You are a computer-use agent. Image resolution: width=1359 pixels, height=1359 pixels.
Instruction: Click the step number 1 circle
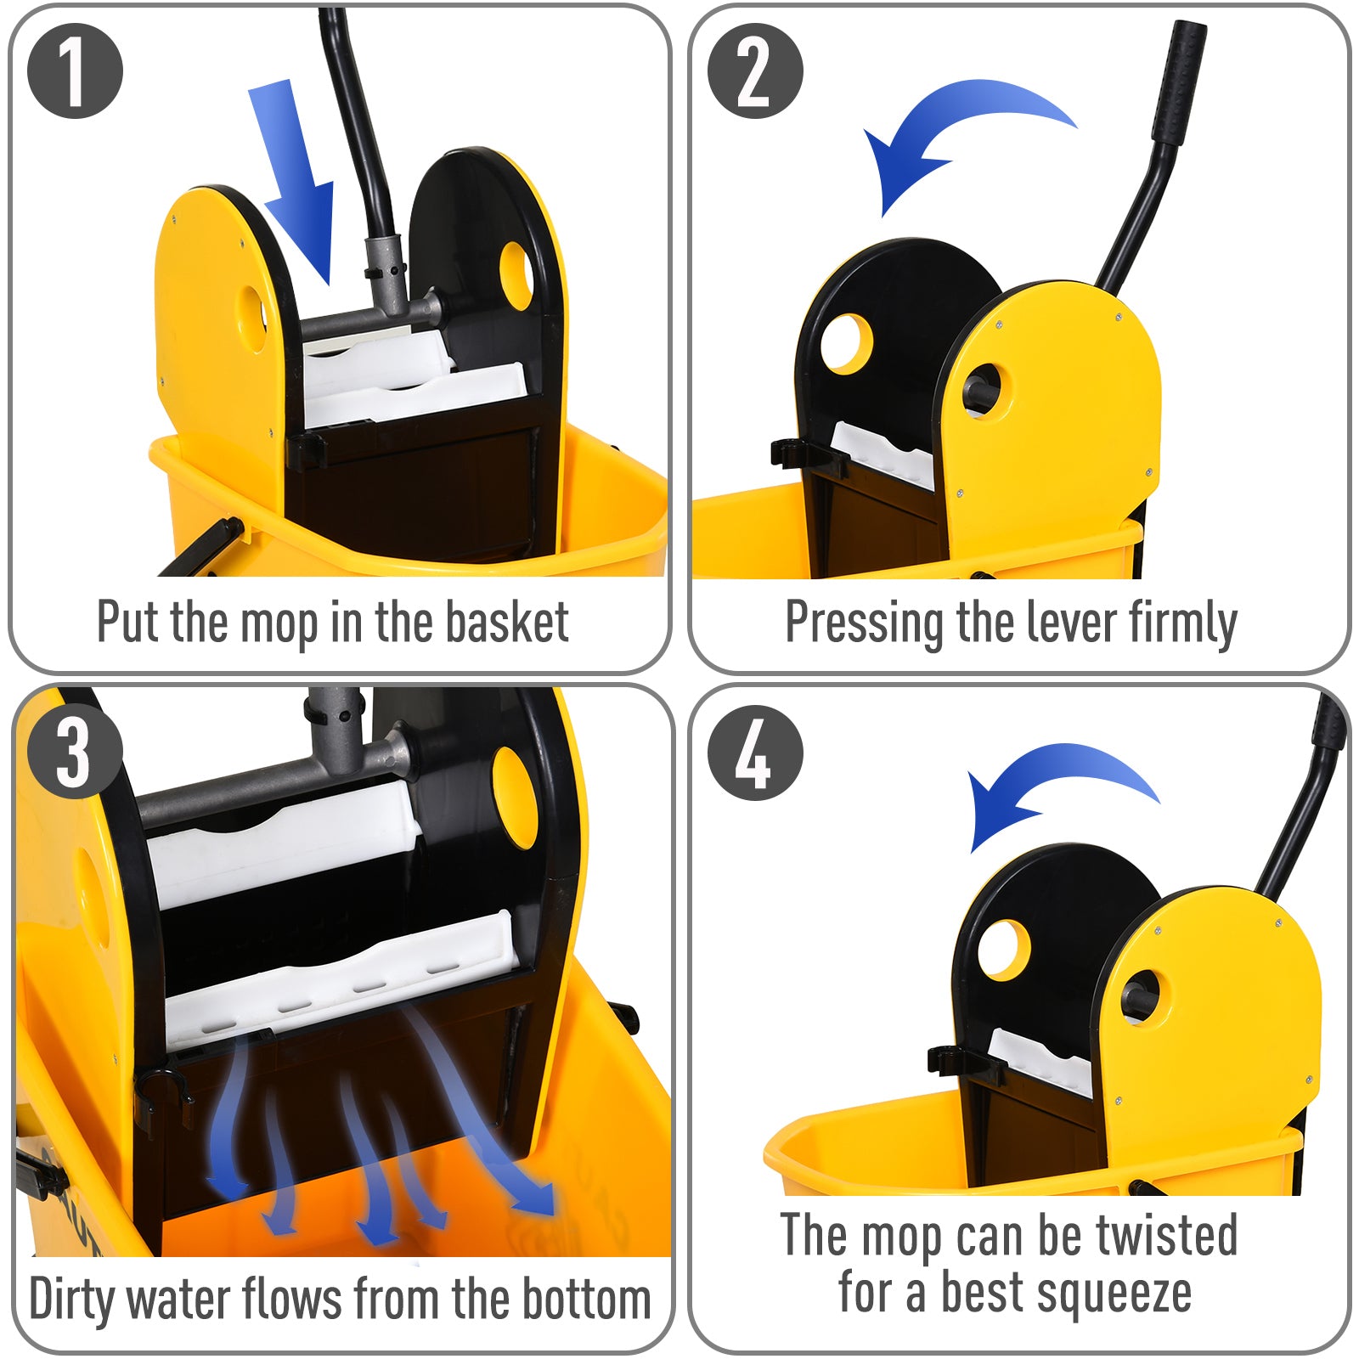pyautogui.click(x=75, y=71)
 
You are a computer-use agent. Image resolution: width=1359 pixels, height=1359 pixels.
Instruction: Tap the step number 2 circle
pyautogui.click(x=754, y=71)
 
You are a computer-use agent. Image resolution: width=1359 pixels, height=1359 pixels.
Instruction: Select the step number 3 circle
pyautogui.click(x=75, y=753)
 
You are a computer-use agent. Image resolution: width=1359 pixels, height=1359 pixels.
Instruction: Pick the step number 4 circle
pyautogui.click(x=754, y=753)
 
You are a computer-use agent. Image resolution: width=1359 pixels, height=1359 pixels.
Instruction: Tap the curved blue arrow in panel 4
pyautogui.click(x=1053, y=781)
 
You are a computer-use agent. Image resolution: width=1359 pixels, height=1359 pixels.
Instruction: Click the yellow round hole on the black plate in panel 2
pyautogui.click(x=847, y=343)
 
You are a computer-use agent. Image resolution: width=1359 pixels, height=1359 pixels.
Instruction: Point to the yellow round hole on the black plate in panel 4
pyautogui.click(x=1004, y=950)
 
